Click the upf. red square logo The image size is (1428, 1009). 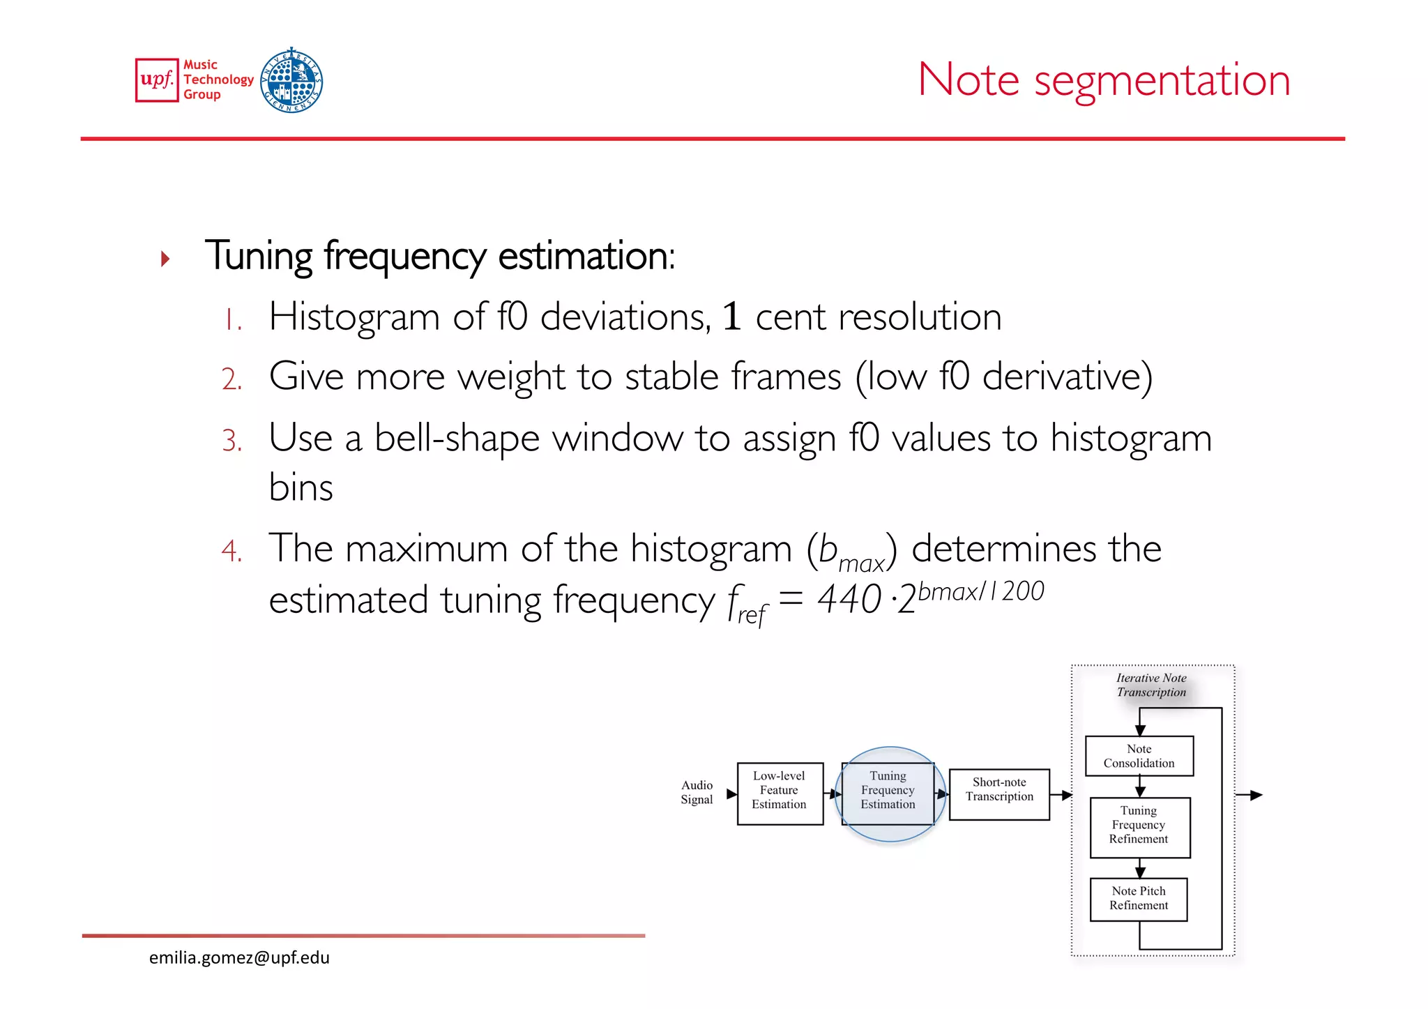pos(157,80)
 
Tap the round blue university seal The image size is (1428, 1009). pos(291,80)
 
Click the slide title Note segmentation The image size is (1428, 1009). pos(1104,79)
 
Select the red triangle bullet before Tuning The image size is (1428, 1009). pos(165,259)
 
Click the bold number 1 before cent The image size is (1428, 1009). pos(731,317)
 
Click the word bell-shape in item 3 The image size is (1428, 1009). pos(457,439)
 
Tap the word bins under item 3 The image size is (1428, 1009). pos(301,487)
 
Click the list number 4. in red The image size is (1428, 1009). pos(231,551)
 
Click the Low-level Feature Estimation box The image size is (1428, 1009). pos(780,794)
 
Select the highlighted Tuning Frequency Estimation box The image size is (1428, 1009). pos(888,794)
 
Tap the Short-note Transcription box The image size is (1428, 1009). pos(999,794)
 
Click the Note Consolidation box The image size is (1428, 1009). pos(1139,756)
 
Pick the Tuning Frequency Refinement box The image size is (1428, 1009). pos(1139,827)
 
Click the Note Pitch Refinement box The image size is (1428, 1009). pos(1139,899)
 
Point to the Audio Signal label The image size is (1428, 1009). pos(697,792)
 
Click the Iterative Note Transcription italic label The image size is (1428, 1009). pos(1151,685)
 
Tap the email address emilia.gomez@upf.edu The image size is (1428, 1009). pos(239,958)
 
